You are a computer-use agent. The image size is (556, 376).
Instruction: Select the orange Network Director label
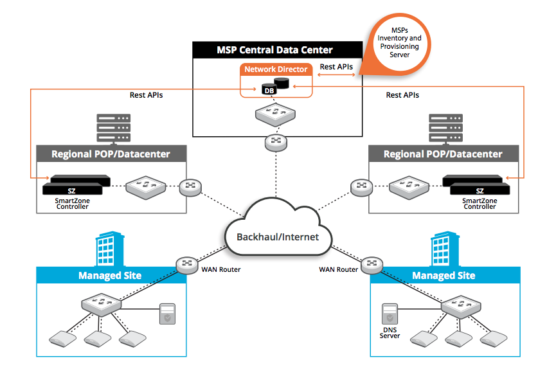pos(276,69)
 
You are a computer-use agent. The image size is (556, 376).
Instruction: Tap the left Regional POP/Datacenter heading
pos(110,154)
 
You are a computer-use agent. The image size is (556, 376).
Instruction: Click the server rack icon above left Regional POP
pos(113,128)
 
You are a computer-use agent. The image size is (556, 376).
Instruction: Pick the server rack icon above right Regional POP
pos(446,128)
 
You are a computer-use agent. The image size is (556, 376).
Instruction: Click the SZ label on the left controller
pos(72,190)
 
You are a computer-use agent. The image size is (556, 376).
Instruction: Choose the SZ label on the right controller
pos(480,190)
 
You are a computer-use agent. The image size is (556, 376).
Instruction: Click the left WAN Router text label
pos(221,269)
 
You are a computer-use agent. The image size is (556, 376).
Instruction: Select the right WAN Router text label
pos(338,269)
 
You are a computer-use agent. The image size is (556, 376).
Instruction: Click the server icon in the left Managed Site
pos(166,315)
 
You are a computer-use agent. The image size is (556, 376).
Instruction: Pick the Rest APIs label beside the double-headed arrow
pos(336,67)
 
